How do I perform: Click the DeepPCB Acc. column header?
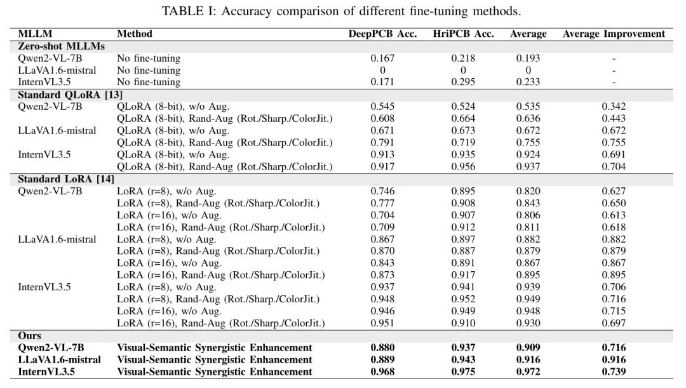tap(382, 34)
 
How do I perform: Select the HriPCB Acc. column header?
tap(463, 34)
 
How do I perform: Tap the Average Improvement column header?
tap(614, 34)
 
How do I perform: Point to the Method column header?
tap(135, 34)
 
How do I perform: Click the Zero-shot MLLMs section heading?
tap(61, 46)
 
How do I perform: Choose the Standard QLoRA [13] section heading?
tap(70, 95)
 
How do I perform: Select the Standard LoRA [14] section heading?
tap(66, 179)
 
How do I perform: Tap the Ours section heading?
tap(30, 335)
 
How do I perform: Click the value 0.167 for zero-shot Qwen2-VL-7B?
tap(382, 58)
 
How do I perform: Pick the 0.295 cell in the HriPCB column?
tap(463, 82)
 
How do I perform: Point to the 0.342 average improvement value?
tap(614, 106)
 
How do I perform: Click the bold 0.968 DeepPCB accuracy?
tap(382, 371)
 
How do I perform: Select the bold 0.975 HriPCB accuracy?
tap(463, 371)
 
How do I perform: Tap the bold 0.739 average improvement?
tap(614, 371)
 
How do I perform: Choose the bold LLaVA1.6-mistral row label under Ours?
tap(59, 359)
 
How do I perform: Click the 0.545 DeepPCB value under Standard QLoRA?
tap(382, 106)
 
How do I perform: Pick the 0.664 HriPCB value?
tap(463, 118)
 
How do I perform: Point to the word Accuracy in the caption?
tap(245, 11)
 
